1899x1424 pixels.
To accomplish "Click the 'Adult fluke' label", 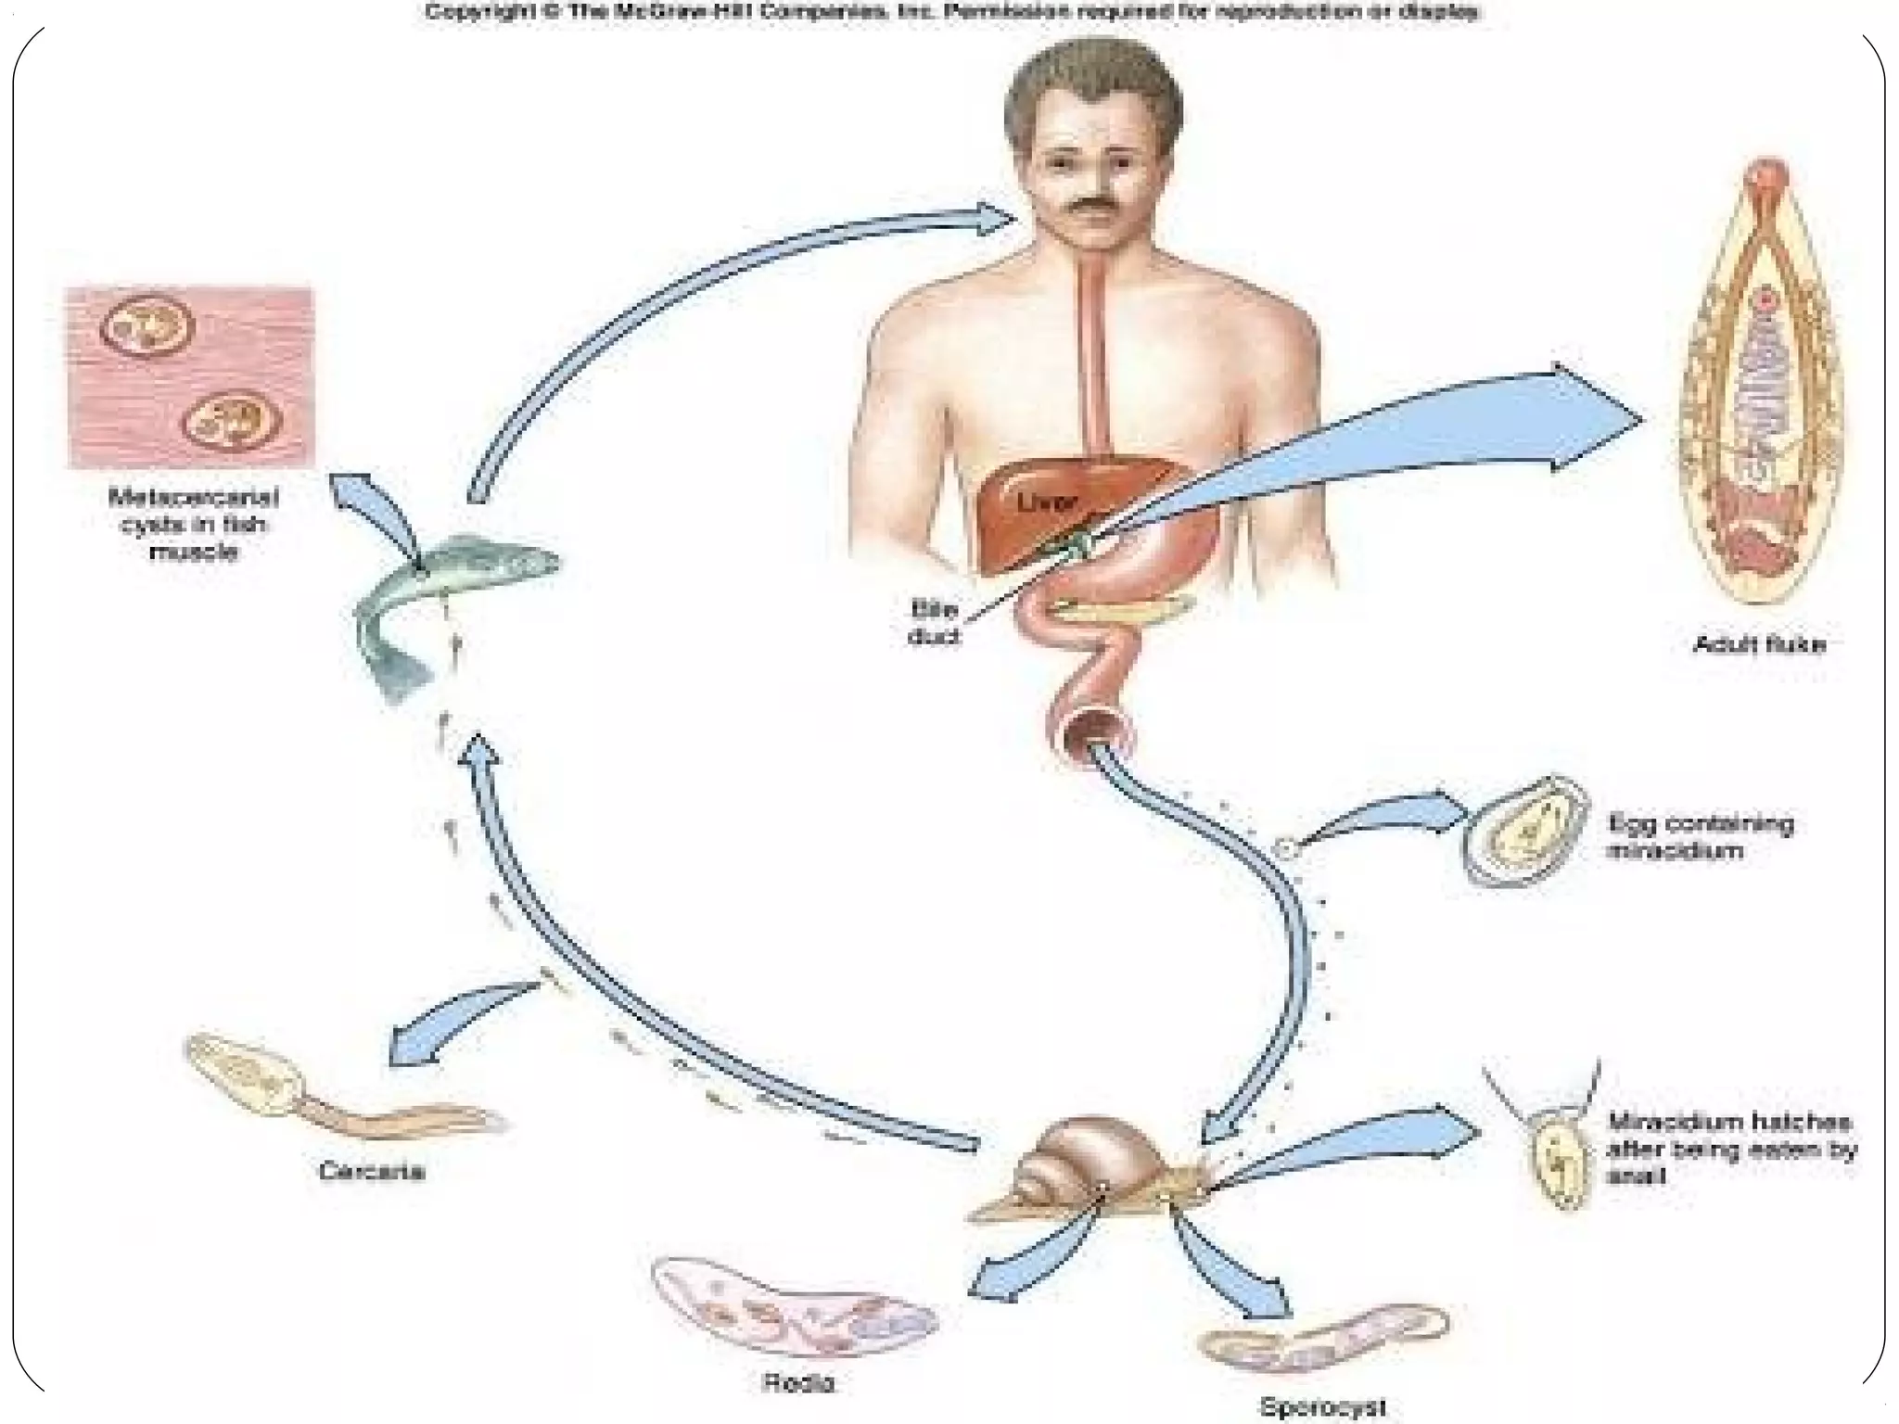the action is click(x=1758, y=644).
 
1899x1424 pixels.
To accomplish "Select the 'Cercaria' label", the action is click(x=371, y=1172).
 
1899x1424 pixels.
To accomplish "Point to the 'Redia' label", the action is click(x=798, y=1383).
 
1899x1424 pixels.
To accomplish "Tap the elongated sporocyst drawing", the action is click(x=1321, y=1340).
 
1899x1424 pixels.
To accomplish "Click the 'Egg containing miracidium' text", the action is click(x=1701, y=836).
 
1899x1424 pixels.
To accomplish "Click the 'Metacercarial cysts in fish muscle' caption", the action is click(x=194, y=525).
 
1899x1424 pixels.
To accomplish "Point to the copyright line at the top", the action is click(x=951, y=13).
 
